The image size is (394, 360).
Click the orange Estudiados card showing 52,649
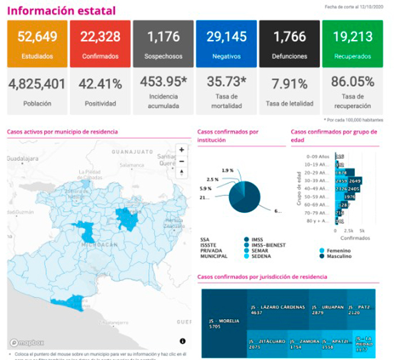[x=37, y=44]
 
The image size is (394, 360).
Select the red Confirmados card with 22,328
[x=100, y=44]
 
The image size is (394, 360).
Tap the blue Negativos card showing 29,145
[x=226, y=44]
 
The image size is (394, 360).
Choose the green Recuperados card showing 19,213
[x=352, y=44]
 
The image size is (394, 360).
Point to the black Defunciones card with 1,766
[x=289, y=44]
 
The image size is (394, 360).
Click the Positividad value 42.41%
[x=100, y=85]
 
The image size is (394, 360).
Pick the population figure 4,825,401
[x=37, y=85]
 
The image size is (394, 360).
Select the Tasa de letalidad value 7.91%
[x=289, y=85]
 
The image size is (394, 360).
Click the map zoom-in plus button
[x=181, y=150]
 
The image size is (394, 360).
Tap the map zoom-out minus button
[x=181, y=162]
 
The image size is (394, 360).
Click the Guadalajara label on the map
[x=23, y=159]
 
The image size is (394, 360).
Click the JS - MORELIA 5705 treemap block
[x=223, y=323]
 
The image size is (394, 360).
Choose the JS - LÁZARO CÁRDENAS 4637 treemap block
[x=277, y=309]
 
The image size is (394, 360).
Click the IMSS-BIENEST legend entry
[x=267, y=245]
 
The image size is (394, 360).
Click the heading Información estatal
[x=62, y=10]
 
